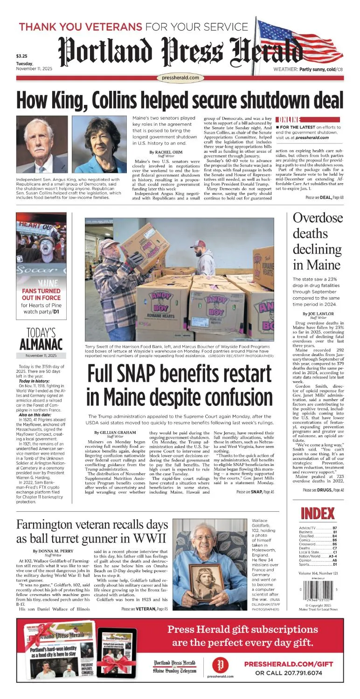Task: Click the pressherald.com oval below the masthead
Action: (x=181, y=78)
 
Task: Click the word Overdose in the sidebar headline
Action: (x=318, y=218)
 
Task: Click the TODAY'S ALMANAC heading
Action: (x=41, y=339)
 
